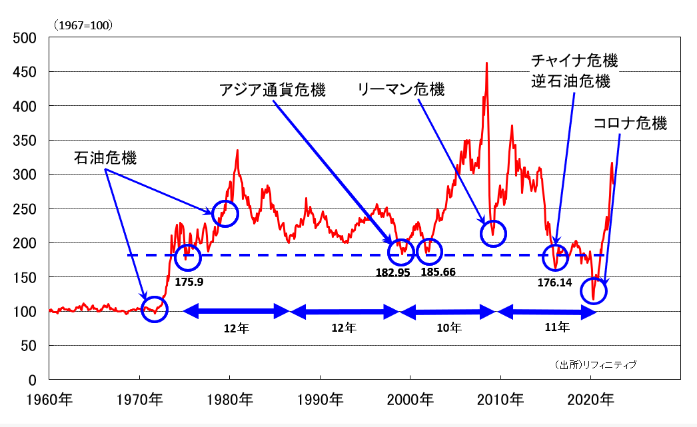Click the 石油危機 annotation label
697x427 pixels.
point(105,158)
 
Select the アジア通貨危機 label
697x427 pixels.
point(273,89)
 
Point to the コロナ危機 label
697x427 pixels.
point(630,124)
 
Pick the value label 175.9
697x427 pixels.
point(189,282)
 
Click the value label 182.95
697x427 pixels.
point(393,272)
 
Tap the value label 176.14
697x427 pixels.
point(555,282)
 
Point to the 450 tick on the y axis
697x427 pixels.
point(26,72)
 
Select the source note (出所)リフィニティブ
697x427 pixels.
point(595,364)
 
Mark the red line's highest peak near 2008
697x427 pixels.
point(486,63)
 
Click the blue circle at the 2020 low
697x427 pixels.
point(596,290)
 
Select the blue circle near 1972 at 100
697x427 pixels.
point(155,309)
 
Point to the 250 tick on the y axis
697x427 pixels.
point(26,209)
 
